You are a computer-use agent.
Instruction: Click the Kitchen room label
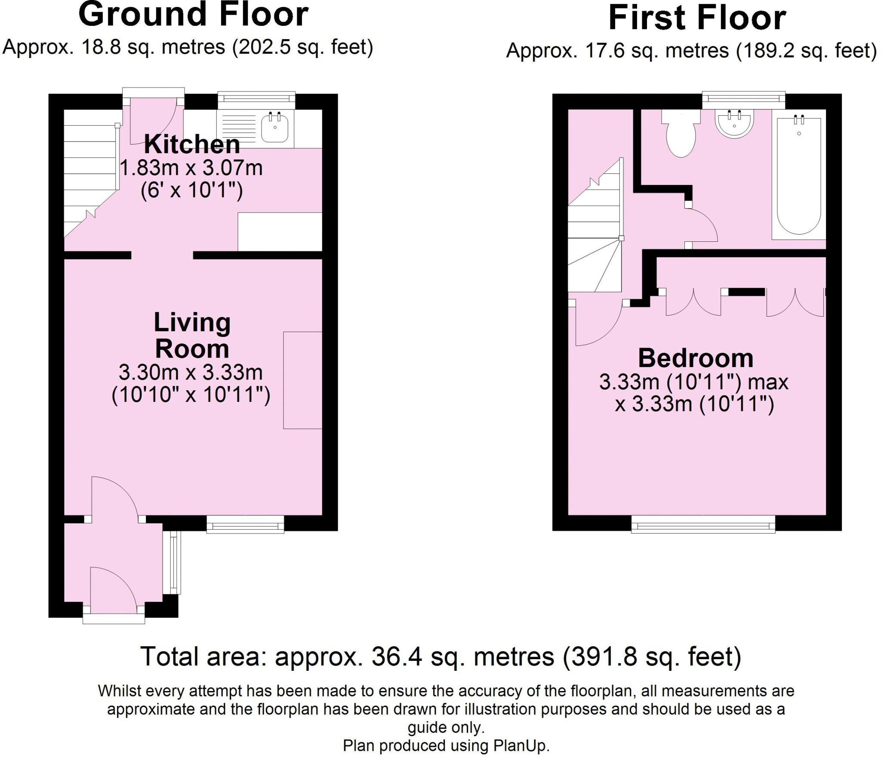click(192, 145)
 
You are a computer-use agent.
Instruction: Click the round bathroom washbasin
click(734, 123)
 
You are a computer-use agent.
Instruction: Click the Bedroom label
click(696, 358)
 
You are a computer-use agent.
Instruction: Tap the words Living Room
click(192, 336)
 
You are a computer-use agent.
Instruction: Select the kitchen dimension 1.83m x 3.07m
click(191, 168)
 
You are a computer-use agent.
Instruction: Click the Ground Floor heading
click(193, 15)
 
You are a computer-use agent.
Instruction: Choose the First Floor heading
click(697, 18)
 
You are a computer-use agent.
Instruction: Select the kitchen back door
click(154, 119)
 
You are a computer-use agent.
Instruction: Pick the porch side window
click(174, 562)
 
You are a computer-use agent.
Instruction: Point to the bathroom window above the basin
click(743, 99)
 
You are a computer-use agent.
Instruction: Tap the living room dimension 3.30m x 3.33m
click(191, 373)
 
